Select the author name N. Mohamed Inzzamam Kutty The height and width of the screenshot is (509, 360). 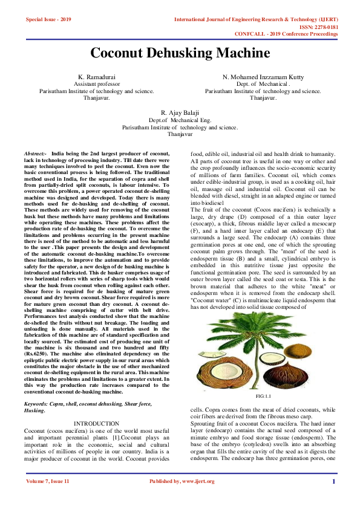(263, 78)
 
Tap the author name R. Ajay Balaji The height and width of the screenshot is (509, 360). (180, 113)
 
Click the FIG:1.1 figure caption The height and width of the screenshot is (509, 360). (263, 395)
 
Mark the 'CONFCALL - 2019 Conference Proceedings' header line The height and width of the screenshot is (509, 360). (295, 34)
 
